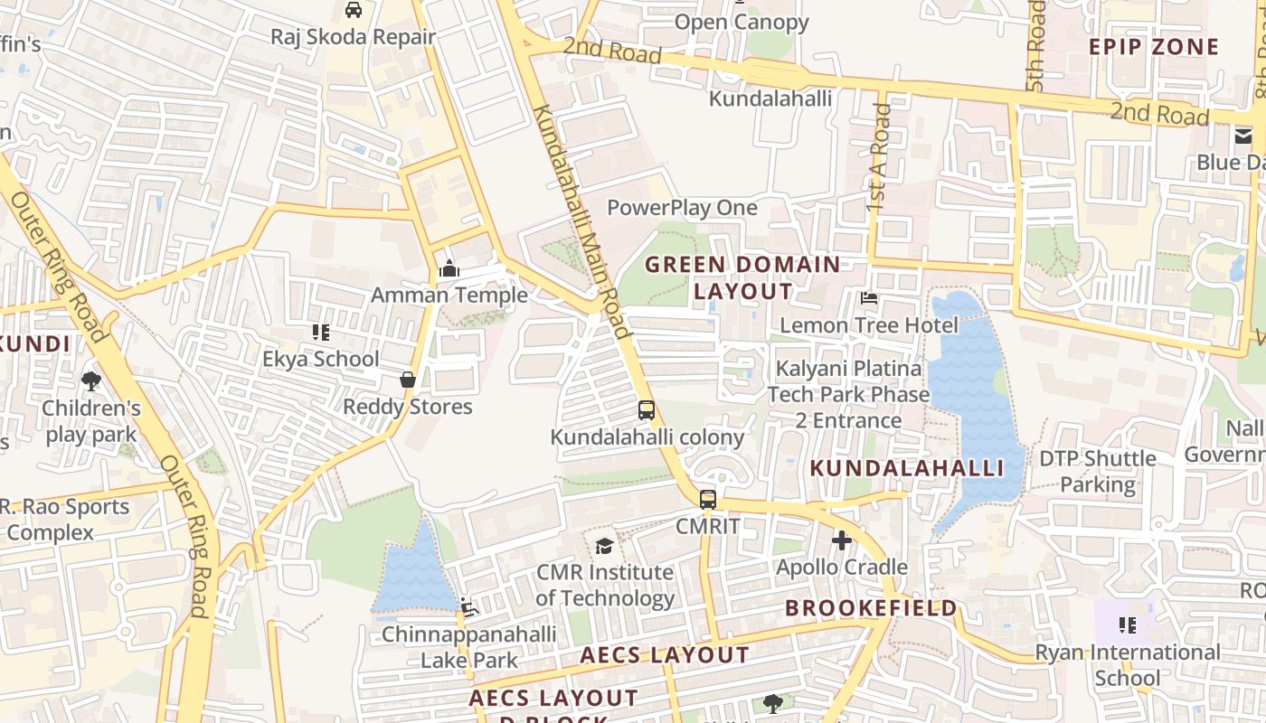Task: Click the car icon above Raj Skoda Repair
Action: (x=354, y=10)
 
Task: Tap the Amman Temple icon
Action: (x=449, y=268)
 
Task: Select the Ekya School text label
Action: (x=321, y=359)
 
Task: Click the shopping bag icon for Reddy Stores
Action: (x=408, y=380)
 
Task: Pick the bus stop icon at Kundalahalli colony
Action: (x=647, y=410)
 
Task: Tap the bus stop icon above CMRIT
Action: (x=708, y=499)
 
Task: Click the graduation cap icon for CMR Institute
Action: (x=604, y=546)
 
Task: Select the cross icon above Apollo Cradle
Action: (x=842, y=540)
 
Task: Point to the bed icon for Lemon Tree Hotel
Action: (x=869, y=297)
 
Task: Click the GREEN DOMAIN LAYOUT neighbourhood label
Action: (x=742, y=277)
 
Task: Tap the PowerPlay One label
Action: (x=682, y=208)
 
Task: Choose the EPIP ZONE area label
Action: (x=1154, y=47)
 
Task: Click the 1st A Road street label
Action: (x=878, y=158)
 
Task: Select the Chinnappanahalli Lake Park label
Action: (x=468, y=647)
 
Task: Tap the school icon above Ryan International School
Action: (x=1127, y=625)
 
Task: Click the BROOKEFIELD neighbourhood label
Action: (x=871, y=608)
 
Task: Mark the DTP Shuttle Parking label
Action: (x=1098, y=471)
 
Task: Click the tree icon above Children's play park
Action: (x=91, y=381)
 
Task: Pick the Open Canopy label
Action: (x=742, y=22)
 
